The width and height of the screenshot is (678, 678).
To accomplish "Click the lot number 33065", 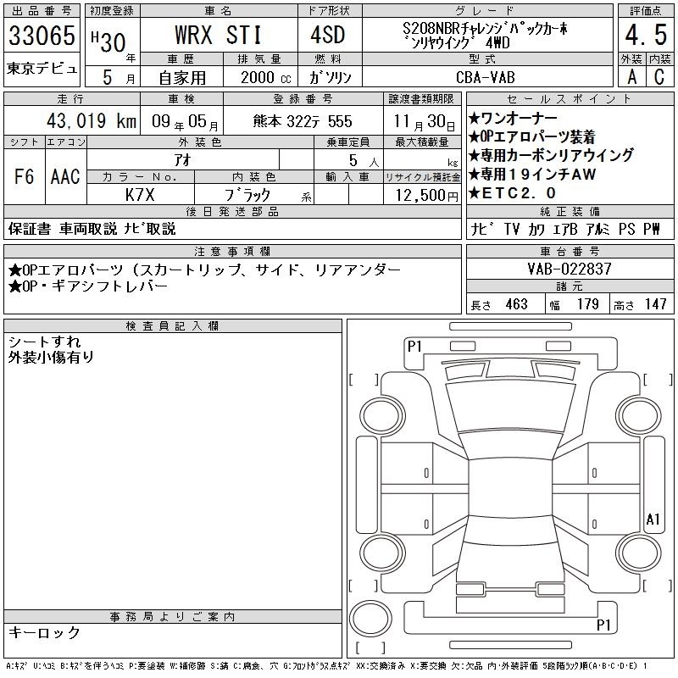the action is [x=42, y=35].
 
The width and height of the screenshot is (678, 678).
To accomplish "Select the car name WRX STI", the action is [x=219, y=35].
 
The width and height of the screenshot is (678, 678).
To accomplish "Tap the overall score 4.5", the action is [x=646, y=35].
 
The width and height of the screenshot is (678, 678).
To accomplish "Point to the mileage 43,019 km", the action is [x=92, y=120].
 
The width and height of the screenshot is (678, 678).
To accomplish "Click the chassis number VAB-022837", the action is [x=570, y=269].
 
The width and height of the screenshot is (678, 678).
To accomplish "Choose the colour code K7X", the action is [x=140, y=195].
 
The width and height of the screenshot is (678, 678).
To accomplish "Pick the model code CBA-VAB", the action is [x=486, y=77].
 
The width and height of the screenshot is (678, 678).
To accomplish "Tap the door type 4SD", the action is [x=328, y=35].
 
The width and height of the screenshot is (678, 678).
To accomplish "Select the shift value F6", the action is [x=25, y=176].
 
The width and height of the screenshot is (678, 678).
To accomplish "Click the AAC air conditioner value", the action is [x=65, y=176].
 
